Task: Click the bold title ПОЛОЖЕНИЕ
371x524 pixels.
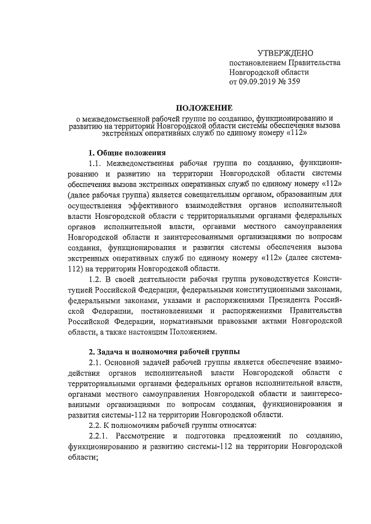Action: pyautogui.click(x=185, y=107)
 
